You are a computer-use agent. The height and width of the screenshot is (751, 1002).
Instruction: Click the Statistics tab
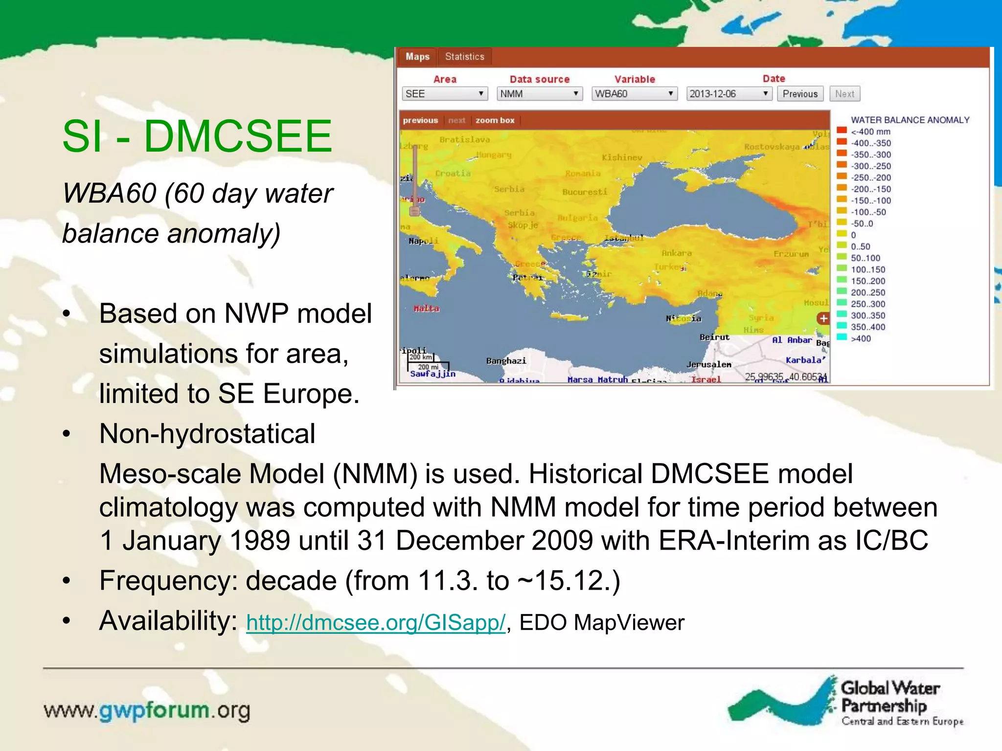[464, 57]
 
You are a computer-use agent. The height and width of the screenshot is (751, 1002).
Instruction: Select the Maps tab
[417, 57]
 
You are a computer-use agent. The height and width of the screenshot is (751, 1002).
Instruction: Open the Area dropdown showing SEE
[444, 93]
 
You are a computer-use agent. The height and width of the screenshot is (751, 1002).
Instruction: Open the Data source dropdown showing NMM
[539, 93]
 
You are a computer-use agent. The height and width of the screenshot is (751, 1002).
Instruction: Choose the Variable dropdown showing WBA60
[634, 93]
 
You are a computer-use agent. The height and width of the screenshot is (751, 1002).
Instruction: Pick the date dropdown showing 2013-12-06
[729, 93]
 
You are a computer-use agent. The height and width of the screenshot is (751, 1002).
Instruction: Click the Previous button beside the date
[800, 93]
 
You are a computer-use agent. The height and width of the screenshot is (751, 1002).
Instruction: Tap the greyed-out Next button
[844, 93]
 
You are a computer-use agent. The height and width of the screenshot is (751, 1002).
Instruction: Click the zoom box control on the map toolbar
[495, 120]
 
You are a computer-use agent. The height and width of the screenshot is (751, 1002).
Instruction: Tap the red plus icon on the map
[823, 318]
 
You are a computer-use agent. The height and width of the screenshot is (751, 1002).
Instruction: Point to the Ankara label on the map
[677, 253]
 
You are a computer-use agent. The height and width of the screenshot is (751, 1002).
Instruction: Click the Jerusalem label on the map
[708, 365]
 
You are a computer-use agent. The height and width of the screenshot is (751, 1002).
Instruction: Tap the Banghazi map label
[506, 361]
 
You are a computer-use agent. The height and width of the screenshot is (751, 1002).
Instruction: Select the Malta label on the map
[426, 309]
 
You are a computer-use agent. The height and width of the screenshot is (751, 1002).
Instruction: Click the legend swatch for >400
[842, 337]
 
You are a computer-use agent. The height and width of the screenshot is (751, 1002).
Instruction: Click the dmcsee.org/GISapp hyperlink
[375, 622]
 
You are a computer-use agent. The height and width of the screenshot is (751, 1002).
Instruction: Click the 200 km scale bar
[421, 357]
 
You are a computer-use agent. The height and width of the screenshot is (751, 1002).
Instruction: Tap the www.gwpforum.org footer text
[147, 710]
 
